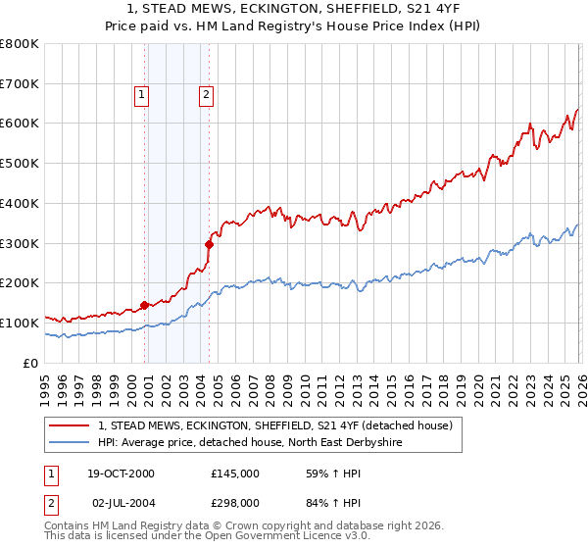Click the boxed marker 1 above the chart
(x=142, y=95)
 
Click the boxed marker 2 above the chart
(x=207, y=95)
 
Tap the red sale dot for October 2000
(x=145, y=305)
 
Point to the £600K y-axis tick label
(x=20, y=124)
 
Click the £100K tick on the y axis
(x=20, y=323)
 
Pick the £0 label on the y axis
(x=31, y=363)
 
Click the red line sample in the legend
(x=70, y=425)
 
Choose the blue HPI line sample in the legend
(x=70, y=443)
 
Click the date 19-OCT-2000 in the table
(x=122, y=474)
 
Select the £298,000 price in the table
(x=235, y=503)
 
